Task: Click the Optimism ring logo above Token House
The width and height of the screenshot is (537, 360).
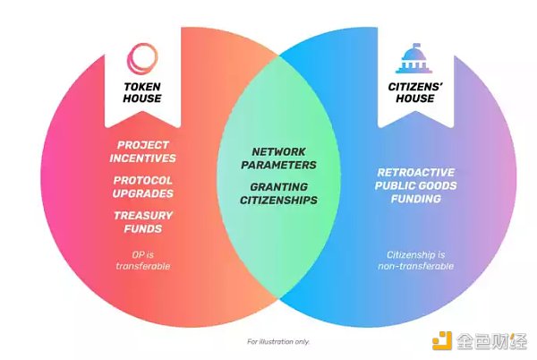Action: tap(142, 59)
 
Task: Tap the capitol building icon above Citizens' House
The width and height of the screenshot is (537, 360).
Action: tap(413, 60)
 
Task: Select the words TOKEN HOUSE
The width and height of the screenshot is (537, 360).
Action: tap(142, 93)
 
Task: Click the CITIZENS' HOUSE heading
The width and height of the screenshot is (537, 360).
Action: tap(413, 93)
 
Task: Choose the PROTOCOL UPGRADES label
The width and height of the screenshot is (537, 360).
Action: tap(144, 187)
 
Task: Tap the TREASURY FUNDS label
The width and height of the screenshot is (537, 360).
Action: tap(143, 222)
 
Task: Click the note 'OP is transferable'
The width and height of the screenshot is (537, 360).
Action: tap(143, 260)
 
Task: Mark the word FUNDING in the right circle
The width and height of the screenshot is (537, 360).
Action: tap(413, 199)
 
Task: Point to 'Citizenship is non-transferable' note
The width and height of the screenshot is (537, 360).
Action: tap(414, 260)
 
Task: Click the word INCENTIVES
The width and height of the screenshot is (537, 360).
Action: tap(144, 159)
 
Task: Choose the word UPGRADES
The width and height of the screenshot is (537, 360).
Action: tap(144, 193)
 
